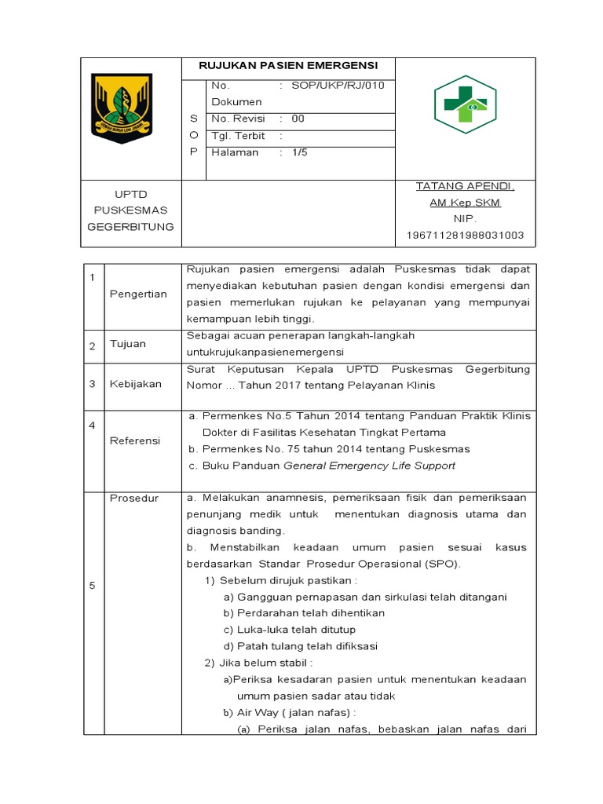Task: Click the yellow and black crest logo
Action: tap(122, 108)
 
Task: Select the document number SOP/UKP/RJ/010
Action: tap(338, 86)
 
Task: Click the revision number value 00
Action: tap(298, 119)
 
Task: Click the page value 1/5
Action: tap(299, 152)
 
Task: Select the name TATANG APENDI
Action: tap(465, 186)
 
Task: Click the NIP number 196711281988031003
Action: tap(465, 236)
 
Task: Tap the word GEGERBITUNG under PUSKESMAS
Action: tap(130, 227)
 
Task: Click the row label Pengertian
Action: tap(138, 294)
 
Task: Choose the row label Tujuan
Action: tap(128, 344)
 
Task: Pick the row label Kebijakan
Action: tap(136, 384)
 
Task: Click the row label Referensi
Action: tap(135, 440)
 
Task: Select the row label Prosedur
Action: tap(134, 498)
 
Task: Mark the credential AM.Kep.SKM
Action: tap(465, 203)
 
